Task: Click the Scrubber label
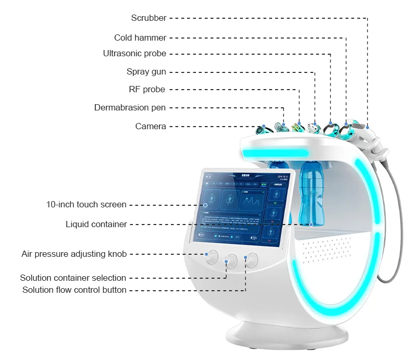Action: [x=149, y=18]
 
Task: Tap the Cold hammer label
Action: [x=140, y=38]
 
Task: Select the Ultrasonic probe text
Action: [x=134, y=53]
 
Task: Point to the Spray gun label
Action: [x=146, y=72]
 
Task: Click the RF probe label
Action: [x=147, y=90]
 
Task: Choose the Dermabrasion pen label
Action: [x=130, y=108]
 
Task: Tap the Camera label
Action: [x=151, y=126]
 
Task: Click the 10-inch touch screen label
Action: [x=87, y=204]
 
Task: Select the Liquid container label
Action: [x=96, y=225]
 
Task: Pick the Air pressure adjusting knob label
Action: [x=74, y=254]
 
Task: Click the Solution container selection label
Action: [x=73, y=278]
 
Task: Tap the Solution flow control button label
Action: [x=74, y=290]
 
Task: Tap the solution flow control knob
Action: [x=252, y=258]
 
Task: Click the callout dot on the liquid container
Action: [x=311, y=225]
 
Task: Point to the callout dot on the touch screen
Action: [x=206, y=205]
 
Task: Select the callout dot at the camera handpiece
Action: [x=264, y=127]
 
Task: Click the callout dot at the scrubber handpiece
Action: [x=367, y=126]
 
